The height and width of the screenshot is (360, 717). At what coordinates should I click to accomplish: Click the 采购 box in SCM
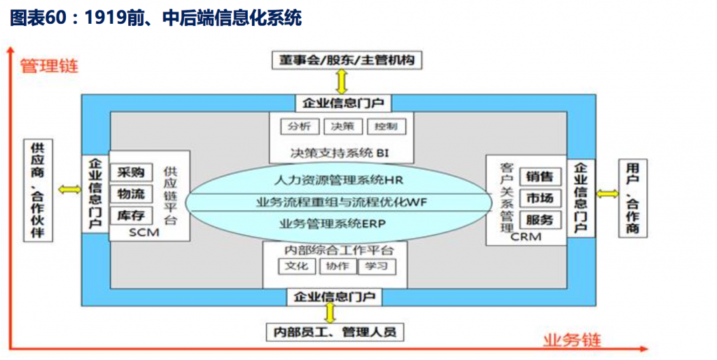131,172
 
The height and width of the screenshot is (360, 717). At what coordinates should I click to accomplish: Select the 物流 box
131,193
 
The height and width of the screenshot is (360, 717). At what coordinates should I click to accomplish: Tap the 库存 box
131,215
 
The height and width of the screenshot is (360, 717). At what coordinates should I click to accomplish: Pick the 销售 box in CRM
540,176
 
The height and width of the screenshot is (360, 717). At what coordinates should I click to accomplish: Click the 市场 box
540,198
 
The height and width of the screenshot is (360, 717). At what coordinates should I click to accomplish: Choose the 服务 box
540,220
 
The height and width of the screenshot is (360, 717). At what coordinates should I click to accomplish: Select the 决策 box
342,127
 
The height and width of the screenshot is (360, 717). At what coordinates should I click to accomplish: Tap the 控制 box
385,127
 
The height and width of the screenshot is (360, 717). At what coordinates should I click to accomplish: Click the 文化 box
298,266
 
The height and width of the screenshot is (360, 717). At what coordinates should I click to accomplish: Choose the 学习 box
377,266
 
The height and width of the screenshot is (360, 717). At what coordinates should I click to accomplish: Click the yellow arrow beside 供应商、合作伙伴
69,189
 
